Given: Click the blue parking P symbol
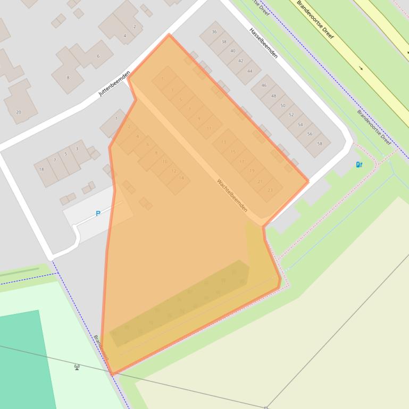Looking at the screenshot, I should [98, 214].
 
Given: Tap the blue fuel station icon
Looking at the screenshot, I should [359, 165].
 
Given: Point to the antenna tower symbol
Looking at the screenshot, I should [77, 367].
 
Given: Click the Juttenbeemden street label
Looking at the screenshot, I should [114, 83].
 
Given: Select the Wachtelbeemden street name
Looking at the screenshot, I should [232, 195].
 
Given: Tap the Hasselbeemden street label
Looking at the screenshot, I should [263, 42].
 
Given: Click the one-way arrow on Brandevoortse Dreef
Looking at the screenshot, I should [361, 68].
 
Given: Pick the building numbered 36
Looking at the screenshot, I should [214, 32].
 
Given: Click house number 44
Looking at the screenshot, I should [249, 71].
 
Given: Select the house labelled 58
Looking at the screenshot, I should [320, 143].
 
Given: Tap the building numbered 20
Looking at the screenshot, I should [19, 112].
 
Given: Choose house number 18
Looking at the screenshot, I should [41, 169].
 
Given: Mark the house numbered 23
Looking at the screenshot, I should [270, 190].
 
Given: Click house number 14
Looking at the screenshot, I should [181, 178].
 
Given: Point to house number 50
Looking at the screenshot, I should [282, 106].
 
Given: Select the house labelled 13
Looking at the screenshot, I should [223, 142].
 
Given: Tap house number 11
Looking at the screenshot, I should [209, 128].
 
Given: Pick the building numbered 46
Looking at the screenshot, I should [264, 86].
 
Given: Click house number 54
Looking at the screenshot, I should [301, 125].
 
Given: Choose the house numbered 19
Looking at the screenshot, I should [252, 171].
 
